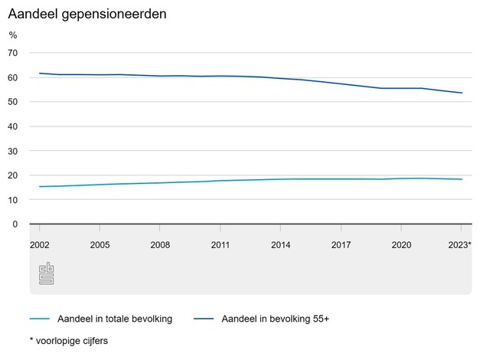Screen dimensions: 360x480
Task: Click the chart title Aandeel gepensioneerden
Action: tap(87, 15)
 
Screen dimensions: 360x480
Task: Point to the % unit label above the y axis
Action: tap(13, 34)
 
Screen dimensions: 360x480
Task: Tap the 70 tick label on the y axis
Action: tap(12, 53)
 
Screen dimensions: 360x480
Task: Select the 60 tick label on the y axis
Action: tap(12, 77)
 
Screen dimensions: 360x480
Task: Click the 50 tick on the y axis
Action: tap(12, 102)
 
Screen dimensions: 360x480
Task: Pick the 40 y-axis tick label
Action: tap(12, 126)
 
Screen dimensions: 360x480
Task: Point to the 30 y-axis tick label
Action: tap(12, 151)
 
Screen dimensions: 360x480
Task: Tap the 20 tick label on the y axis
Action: tap(12, 175)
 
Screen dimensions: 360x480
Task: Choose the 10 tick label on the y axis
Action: tap(12, 200)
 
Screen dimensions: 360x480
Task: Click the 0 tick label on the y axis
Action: tap(15, 224)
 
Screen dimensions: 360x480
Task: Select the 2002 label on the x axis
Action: tap(39, 245)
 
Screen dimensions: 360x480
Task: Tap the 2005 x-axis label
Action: tap(100, 245)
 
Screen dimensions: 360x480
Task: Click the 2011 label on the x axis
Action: tap(220, 245)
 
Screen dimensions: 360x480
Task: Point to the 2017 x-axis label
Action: tap(341, 245)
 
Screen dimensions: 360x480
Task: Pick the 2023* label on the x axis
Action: tap(459, 245)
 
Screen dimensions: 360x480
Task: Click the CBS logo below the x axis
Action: tap(46, 273)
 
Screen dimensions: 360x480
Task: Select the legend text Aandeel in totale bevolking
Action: tap(120, 319)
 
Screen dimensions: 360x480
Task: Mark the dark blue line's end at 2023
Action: tap(462, 93)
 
